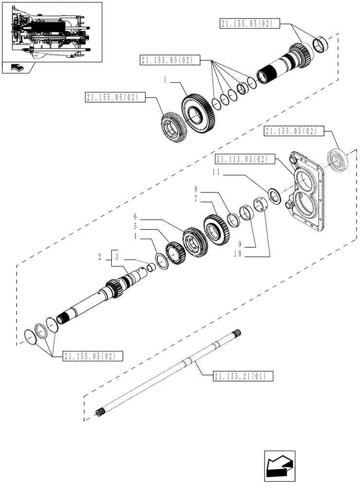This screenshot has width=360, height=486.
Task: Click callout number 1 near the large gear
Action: pos(165,80)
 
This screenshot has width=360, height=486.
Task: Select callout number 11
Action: pos(216,173)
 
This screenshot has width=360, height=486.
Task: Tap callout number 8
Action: pos(196,189)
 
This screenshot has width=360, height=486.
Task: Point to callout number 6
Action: pos(135,216)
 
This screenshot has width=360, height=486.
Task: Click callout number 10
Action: pos(238,254)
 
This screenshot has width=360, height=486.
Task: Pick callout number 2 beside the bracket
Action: pos(100,257)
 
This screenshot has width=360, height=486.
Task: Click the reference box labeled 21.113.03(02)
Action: pos(241,159)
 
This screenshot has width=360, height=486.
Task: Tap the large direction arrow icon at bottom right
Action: pos(280,466)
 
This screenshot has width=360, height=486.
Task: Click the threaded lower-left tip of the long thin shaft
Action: pos(99,413)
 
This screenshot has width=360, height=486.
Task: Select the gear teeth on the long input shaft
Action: pos(113,288)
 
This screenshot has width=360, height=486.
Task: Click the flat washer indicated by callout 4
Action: pos(162,261)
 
